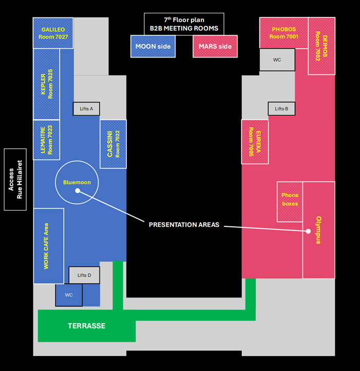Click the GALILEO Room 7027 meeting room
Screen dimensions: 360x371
(x=53, y=33)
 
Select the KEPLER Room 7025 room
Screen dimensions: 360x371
(x=46, y=84)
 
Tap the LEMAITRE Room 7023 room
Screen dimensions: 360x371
(x=46, y=140)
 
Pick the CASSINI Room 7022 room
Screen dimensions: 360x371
(x=113, y=144)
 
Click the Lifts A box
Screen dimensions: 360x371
(x=86, y=109)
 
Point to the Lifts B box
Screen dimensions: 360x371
(x=281, y=109)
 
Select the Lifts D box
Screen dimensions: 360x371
(x=84, y=275)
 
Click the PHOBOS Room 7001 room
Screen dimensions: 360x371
(x=283, y=33)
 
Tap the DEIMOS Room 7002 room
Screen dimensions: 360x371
(x=321, y=46)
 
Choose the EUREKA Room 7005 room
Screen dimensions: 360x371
(x=255, y=142)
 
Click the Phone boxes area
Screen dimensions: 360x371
(x=290, y=202)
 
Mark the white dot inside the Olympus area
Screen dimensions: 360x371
(x=308, y=231)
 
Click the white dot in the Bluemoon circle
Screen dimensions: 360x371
(x=78, y=191)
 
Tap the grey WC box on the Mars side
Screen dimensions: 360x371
(x=277, y=60)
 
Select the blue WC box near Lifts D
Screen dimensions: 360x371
(x=69, y=295)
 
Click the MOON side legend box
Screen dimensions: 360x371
(x=153, y=46)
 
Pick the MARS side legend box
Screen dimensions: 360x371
(x=215, y=46)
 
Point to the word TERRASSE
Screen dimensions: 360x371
(x=87, y=326)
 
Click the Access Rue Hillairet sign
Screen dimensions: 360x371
(x=15, y=180)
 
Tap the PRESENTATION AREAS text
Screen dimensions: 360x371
(x=184, y=225)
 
